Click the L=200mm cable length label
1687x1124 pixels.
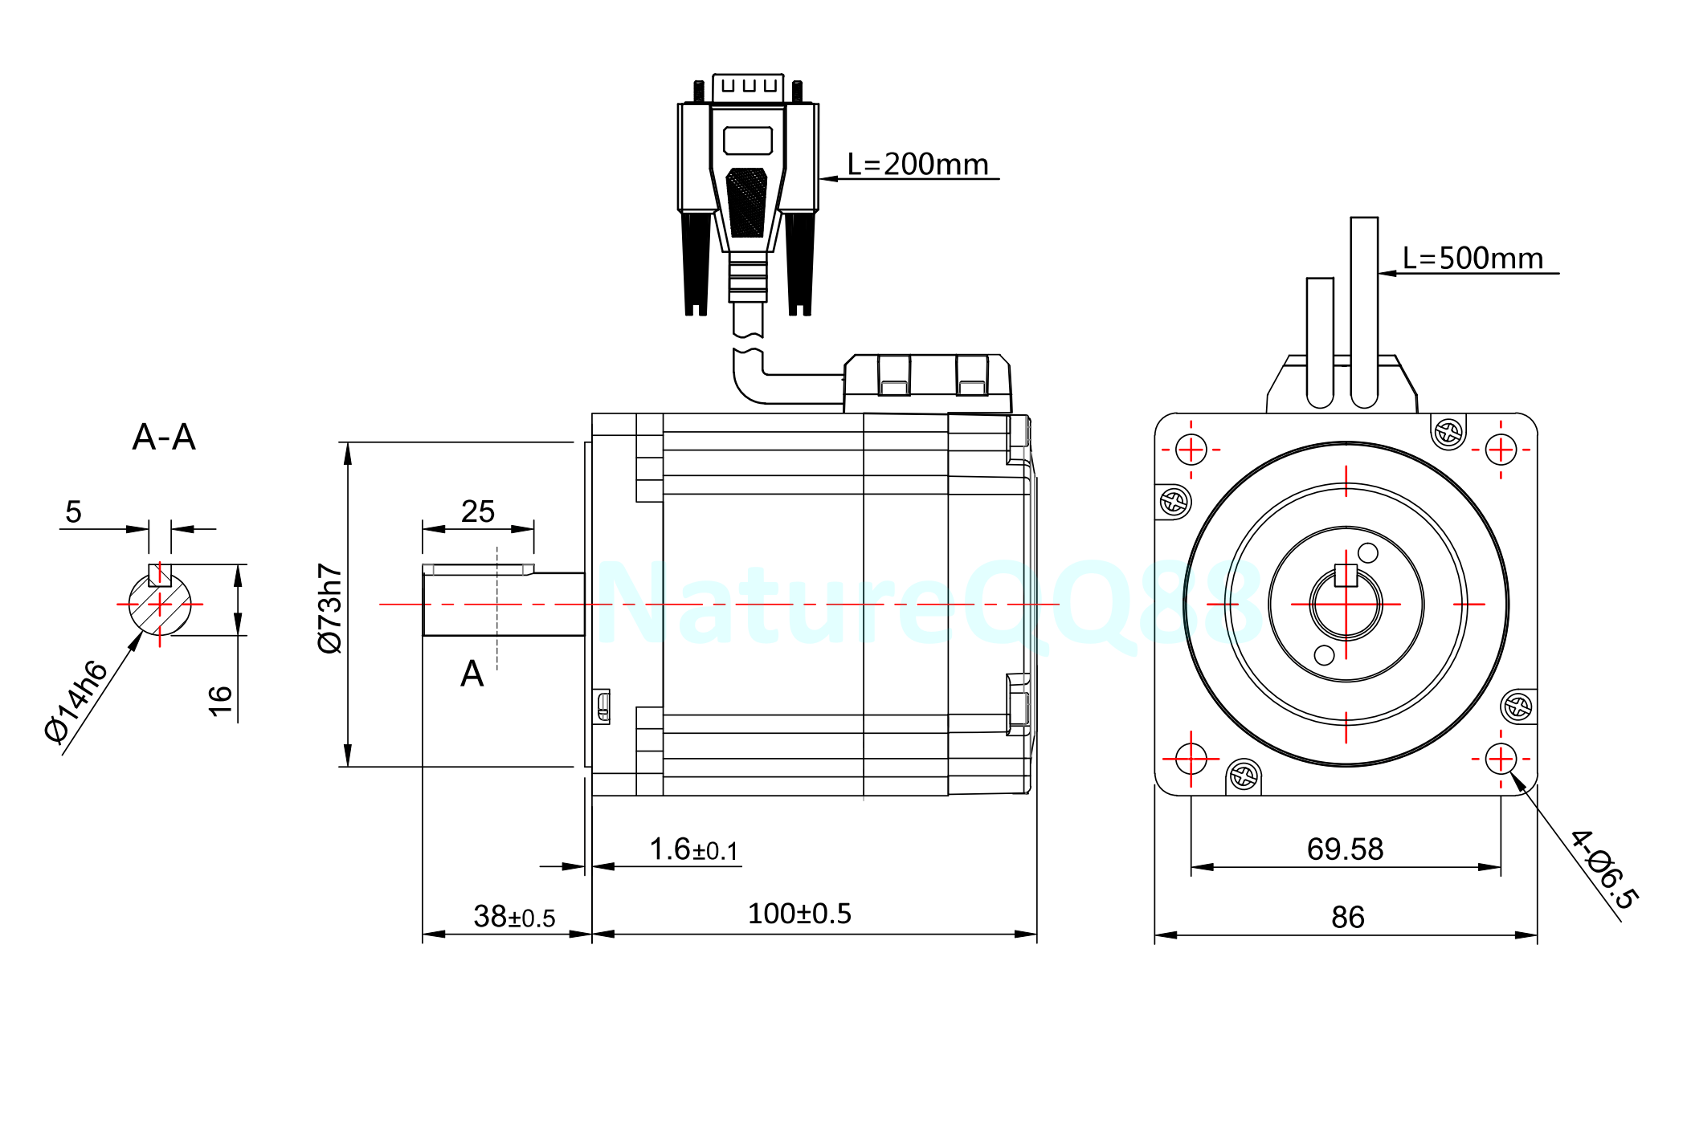917,165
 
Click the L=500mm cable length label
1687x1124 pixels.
1473,259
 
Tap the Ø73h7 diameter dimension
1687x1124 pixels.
330,608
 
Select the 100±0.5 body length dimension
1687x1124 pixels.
799,914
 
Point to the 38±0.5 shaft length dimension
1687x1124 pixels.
514,916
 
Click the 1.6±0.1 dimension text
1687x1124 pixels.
693,849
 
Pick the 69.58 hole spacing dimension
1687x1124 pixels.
1345,849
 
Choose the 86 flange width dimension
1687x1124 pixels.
1347,917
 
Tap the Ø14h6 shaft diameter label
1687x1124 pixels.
76,702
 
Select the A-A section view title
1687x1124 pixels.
164,438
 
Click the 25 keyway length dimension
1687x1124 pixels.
477,511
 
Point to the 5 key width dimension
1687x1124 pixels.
73,512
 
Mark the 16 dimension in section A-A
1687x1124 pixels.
220,700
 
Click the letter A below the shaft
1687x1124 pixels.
472,674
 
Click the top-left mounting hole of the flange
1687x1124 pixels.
1191,450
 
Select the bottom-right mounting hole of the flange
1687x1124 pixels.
1500,758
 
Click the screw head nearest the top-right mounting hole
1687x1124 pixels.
1448,433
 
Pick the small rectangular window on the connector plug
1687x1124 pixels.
747,140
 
